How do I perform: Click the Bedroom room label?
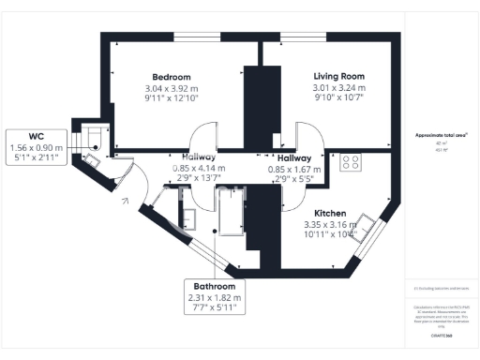point(172,77)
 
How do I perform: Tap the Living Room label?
point(337,77)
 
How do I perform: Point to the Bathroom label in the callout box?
point(214,286)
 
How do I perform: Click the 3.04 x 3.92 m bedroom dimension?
point(172,88)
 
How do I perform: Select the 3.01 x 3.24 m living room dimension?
point(337,88)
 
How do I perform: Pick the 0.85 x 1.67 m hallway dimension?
point(293,170)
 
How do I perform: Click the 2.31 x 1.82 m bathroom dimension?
point(214,297)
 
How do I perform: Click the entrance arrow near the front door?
point(124,199)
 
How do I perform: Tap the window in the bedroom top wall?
point(197,37)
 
